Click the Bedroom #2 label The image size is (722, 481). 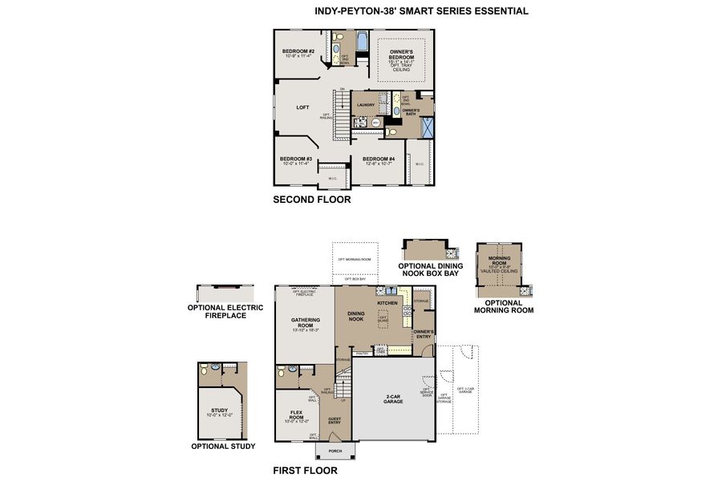(x=298, y=51)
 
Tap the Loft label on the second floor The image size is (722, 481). (x=302, y=107)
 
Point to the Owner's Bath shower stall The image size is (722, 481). (x=428, y=127)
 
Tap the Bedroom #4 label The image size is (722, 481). (x=378, y=159)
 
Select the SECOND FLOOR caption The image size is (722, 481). (x=311, y=200)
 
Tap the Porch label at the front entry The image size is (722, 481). (x=335, y=451)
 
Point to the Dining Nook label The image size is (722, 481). (x=355, y=317)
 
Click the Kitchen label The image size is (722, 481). (x=387, y=303)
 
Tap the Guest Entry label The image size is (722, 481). (x=335, y=420)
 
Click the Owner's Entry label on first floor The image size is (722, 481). (x=424, y=334)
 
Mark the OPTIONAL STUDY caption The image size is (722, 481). (x=223, y=447)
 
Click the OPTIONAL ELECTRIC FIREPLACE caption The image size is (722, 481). (x=217, y=311)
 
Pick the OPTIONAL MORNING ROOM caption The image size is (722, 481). (x=503, y=306)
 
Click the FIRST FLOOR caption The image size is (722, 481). (x=305, y=471)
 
